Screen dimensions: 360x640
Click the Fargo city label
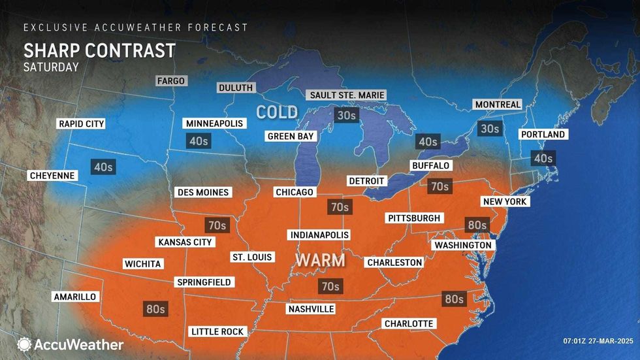click(x=172, y=81)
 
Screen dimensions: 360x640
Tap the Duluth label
click(x=236, y=88)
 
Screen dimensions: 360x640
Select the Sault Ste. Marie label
click(x=346, y=95)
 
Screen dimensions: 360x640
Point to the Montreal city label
click(x=498, y=105)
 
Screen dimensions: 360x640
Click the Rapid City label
click(x=82, y=123)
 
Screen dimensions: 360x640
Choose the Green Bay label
click(x=291, y=137)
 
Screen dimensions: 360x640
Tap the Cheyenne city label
click(x=52, y=176)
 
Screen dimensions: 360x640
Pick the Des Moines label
click(x=203, y=192)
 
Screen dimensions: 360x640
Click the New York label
click(x=504, y=202)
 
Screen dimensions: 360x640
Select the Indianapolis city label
click(x=319, y=235)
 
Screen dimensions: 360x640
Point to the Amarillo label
click(x=74, y=297)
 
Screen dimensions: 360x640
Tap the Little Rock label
click(x=217, y=331)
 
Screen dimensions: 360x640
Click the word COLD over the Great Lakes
click(x=277, y=112)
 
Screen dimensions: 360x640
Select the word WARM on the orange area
click(x=320, y=260)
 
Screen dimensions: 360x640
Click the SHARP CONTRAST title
click(x=99, y=50)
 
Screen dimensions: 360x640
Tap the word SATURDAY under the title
click(x=51, y=67)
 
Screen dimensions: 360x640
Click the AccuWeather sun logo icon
click(x=24, y=344)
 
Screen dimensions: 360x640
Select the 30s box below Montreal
click(x=488, y=129)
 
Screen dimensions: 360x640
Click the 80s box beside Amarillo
click(x=155, y=308)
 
